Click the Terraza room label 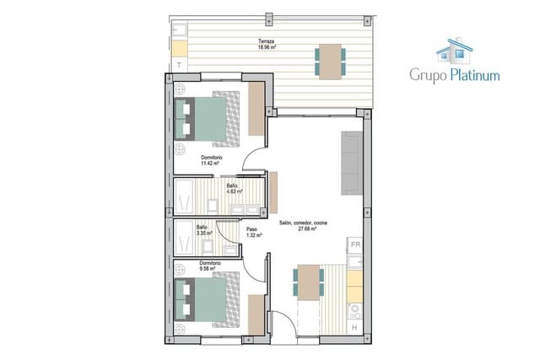pos(267,44)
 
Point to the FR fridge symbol pos(355,244)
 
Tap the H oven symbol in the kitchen pos(355,326)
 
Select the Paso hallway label pos(252,231)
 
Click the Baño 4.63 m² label pos(233,188)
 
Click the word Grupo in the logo pos(427,75)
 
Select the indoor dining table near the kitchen pos(309,282)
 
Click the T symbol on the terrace pos(180,64)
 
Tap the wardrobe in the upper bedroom pos(256,109)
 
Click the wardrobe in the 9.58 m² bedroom pos(256,314)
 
